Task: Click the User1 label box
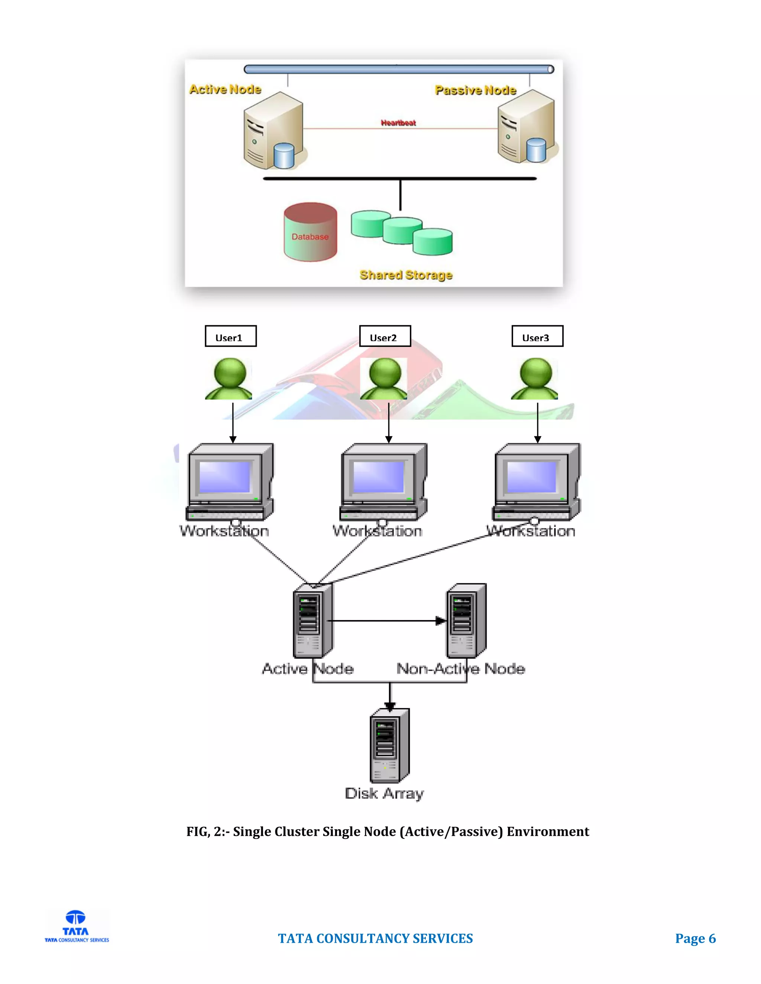230,336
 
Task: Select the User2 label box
385,336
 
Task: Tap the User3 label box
537,336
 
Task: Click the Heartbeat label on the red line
398,123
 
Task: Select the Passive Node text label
475,90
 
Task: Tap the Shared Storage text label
406,275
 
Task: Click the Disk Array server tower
389,746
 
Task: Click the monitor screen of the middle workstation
378,477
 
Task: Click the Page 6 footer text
695,938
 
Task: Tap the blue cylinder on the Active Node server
284,156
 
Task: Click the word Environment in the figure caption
547,831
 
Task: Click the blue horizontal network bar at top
399,69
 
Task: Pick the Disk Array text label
384,794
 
